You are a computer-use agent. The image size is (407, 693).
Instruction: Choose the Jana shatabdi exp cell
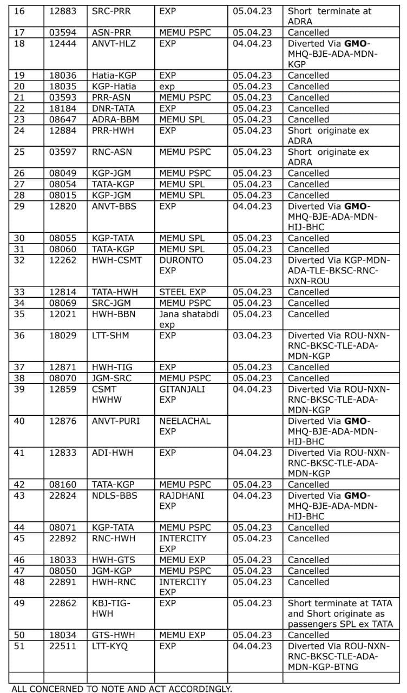[x=189, y=319]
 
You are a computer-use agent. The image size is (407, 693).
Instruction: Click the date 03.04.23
[x=253, y=336]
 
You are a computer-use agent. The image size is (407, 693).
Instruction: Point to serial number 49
[x=19, y=603]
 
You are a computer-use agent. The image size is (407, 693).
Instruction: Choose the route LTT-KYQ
[x=110, y=646]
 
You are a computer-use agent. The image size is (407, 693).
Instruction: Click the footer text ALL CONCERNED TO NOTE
[x=121, y=689]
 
